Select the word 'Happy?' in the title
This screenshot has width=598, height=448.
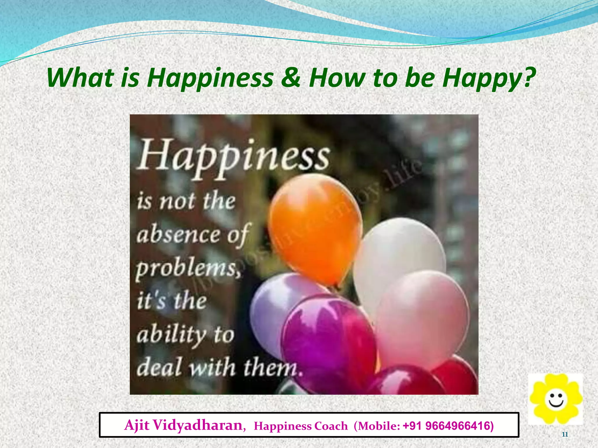[x=489, y=78]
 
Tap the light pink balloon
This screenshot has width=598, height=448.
[x=423, y=318]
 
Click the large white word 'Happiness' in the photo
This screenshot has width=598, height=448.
[x=234, y=157]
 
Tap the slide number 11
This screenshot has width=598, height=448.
[x=565, y=435]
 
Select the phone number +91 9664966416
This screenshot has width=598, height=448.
[x=448, y=426]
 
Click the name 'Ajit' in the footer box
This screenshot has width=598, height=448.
[x=137, y=425]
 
